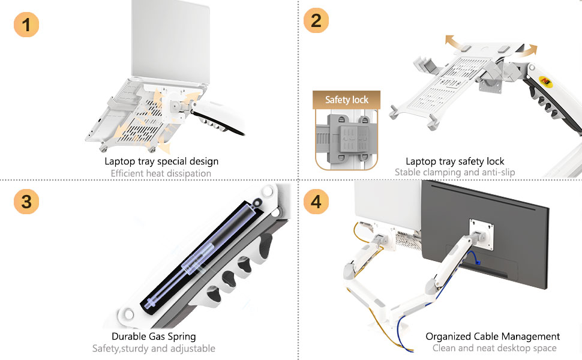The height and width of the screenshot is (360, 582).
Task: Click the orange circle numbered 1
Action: point(26,25)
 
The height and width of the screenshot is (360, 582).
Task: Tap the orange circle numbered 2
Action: point(316,20)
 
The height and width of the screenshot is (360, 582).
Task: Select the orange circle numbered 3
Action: point(26,202)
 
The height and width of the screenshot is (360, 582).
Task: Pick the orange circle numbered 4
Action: point(316,202)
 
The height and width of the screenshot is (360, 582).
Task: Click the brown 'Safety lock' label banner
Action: point(346,100)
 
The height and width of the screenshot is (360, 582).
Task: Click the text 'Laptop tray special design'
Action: point(161,161)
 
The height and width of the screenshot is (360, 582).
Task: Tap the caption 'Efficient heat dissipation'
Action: point(161,173)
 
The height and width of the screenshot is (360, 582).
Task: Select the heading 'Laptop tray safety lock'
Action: point(455,161)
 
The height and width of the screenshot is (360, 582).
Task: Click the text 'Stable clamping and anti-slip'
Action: point(455,172)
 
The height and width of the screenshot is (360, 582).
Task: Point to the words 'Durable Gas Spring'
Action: point(154,337)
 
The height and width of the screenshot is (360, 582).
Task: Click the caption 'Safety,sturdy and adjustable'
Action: point(154,349)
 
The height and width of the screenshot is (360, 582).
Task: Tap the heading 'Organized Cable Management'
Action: point(493,337)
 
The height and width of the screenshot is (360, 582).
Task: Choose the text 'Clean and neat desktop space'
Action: point(494,348)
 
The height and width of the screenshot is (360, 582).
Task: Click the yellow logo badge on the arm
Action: point(546,80)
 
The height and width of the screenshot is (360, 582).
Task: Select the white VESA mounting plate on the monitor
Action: point(481,234)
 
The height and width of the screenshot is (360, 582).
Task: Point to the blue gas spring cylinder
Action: point(202,256)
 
